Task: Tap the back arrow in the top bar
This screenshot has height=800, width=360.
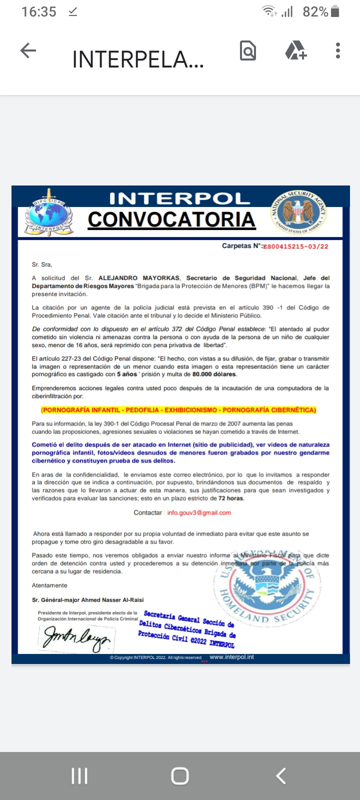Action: click(x=28, y=50)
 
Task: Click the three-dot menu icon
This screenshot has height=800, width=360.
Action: click(x=338, y=50)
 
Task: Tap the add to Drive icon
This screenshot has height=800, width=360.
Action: click(x=295, y=50)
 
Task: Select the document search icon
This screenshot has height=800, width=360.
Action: click(x=248, y=50)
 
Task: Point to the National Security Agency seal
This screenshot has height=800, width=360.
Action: click(x=298, y=212)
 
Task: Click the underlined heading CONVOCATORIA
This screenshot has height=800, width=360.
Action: click(x=171, y=220)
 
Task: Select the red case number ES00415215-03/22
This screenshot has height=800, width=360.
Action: click(x=295, y=246)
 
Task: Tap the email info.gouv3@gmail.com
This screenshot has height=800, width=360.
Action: click(x=199, y=512)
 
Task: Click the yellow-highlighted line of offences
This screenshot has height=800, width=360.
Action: click(x=178, y=410)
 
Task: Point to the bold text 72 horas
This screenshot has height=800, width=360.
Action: click(x=230, y=498)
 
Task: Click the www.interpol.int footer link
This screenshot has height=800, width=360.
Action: click(x=231, y=657)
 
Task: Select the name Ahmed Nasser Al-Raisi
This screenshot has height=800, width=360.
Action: click(x=108, y=600)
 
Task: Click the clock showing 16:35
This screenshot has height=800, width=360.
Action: click(x=39, y=11)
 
